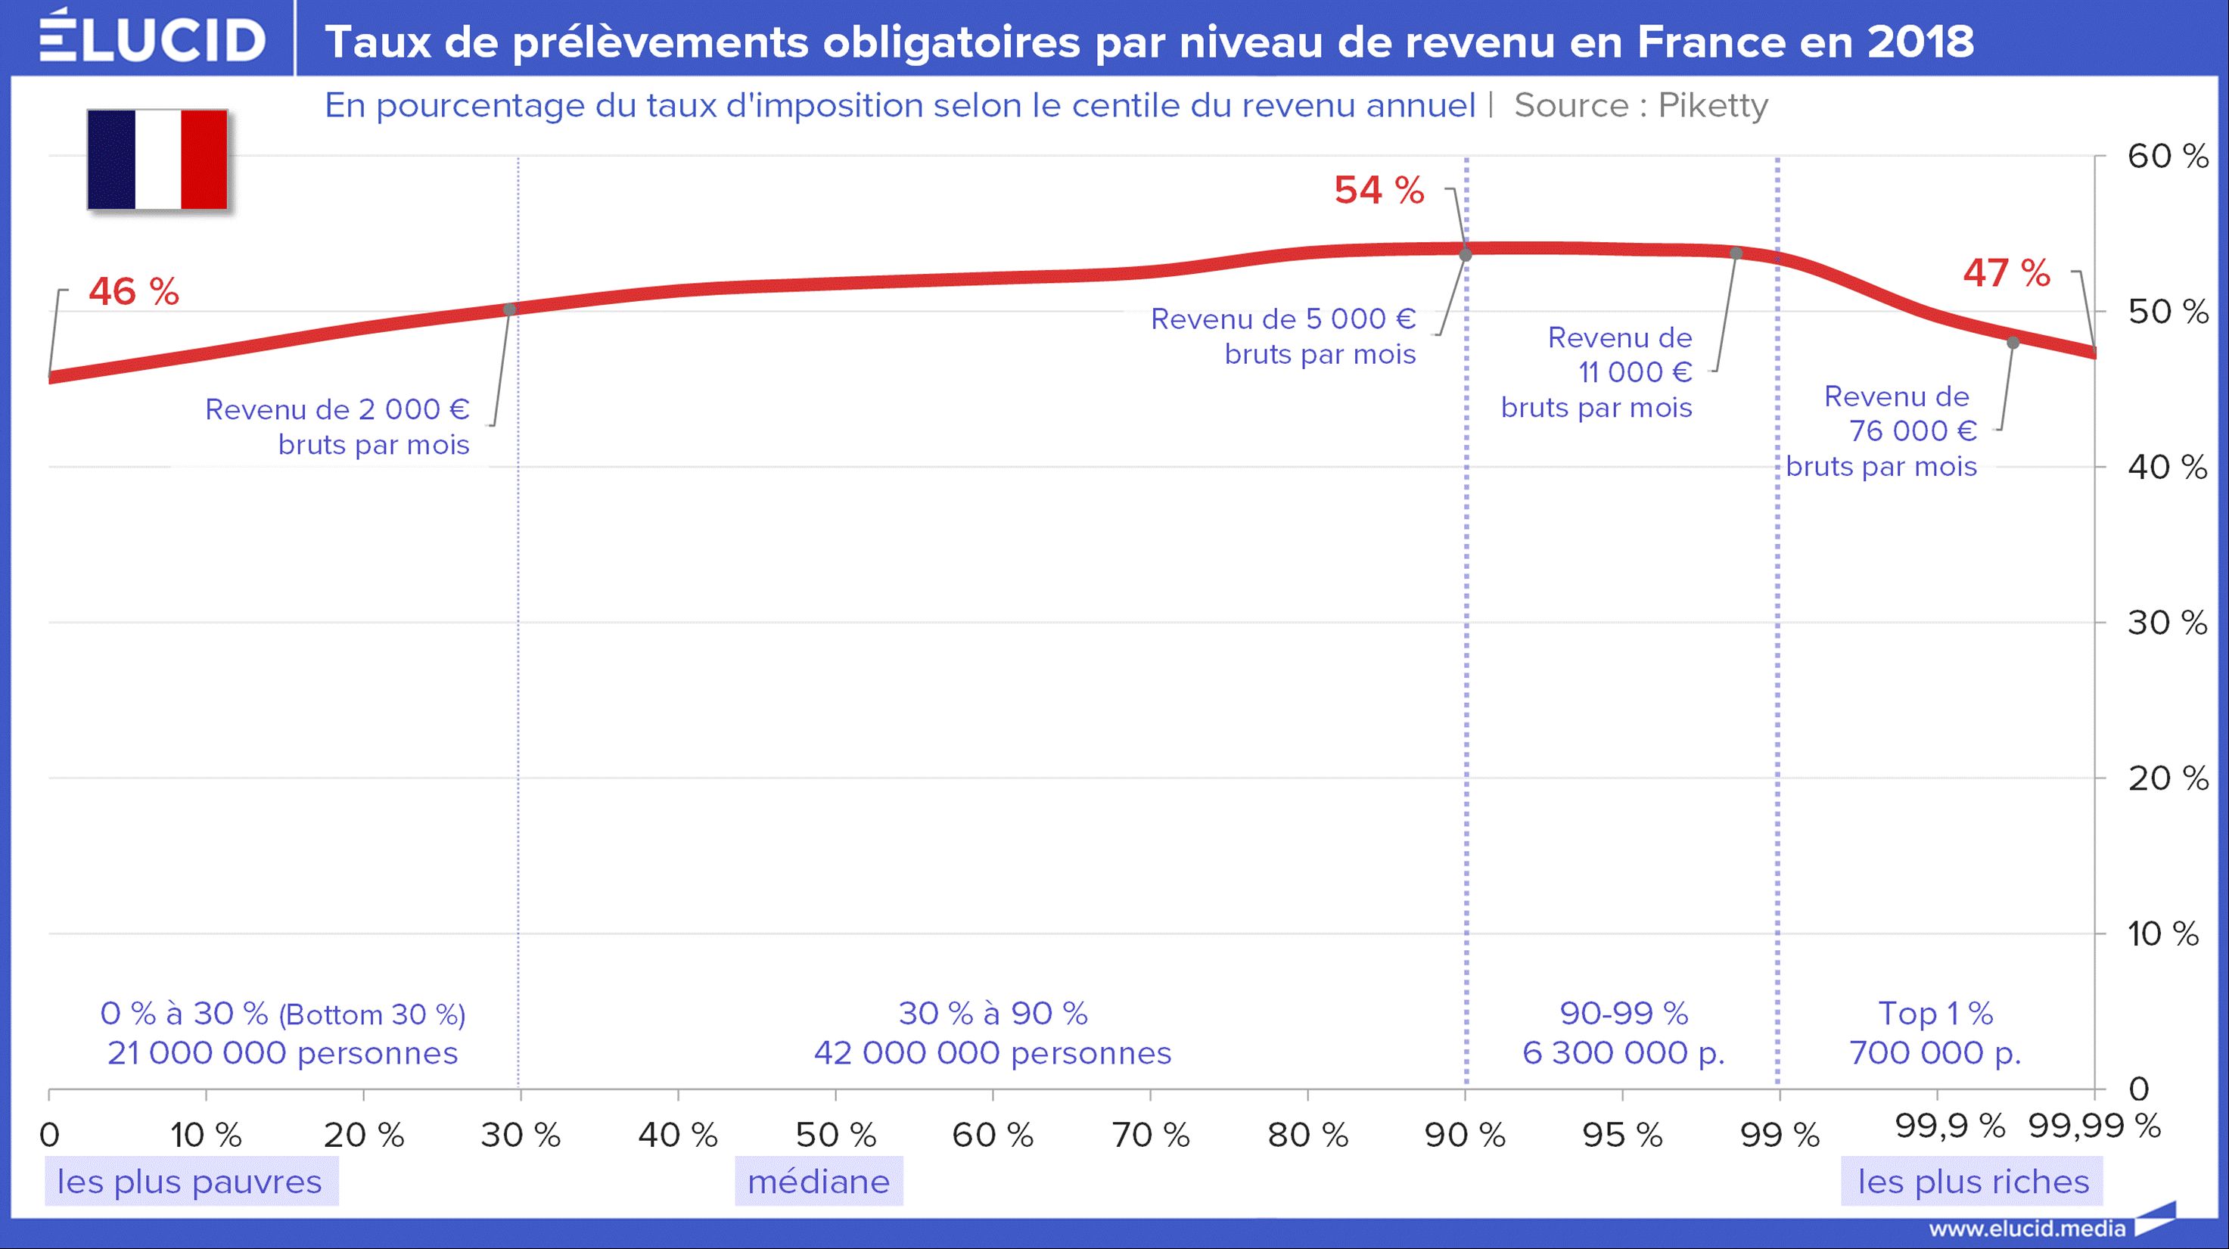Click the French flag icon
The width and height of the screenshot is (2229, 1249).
click(157, 159)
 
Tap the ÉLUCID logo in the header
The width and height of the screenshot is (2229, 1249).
click(152, 39)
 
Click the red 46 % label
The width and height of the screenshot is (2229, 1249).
click(133, 291)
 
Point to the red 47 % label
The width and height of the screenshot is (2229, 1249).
click(2006, 273)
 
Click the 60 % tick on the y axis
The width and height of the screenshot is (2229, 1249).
click(2168, 157)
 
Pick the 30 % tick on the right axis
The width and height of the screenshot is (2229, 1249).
click(2168, 623)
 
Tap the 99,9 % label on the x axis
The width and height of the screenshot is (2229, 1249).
click(1950, 1126)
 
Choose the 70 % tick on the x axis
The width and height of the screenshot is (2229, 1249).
click(1150, 1135)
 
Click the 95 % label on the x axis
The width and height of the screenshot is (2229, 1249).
click(1621, 1135)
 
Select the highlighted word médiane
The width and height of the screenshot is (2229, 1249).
click(819, 1182)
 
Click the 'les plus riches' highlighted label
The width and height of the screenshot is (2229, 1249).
click(1973, 1182)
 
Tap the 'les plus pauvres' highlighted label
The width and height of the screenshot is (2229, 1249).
click(189, 1182)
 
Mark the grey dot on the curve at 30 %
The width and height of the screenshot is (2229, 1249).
click(510, 309)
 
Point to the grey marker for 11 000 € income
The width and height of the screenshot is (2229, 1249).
click(1736, 253)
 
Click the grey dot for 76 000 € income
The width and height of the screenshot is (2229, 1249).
click(2013, 343)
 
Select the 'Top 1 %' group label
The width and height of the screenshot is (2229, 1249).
click(1935, 1013)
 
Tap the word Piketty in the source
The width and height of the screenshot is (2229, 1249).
click(1712, 105)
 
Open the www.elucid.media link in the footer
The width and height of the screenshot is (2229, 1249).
click(2026, 1229)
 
